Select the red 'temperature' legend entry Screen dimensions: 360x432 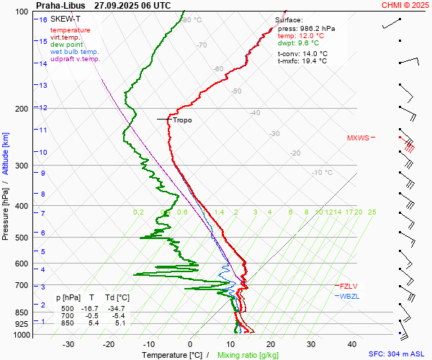71,30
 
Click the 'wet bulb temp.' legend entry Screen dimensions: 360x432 75,52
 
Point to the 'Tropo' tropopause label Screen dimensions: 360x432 182,120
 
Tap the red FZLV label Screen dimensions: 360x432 349,286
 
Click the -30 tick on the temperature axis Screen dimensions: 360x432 68,344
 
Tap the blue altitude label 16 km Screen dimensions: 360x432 43,19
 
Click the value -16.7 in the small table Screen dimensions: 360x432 92,307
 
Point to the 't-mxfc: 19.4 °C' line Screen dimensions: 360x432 302,61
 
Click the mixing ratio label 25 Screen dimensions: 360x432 372,212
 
